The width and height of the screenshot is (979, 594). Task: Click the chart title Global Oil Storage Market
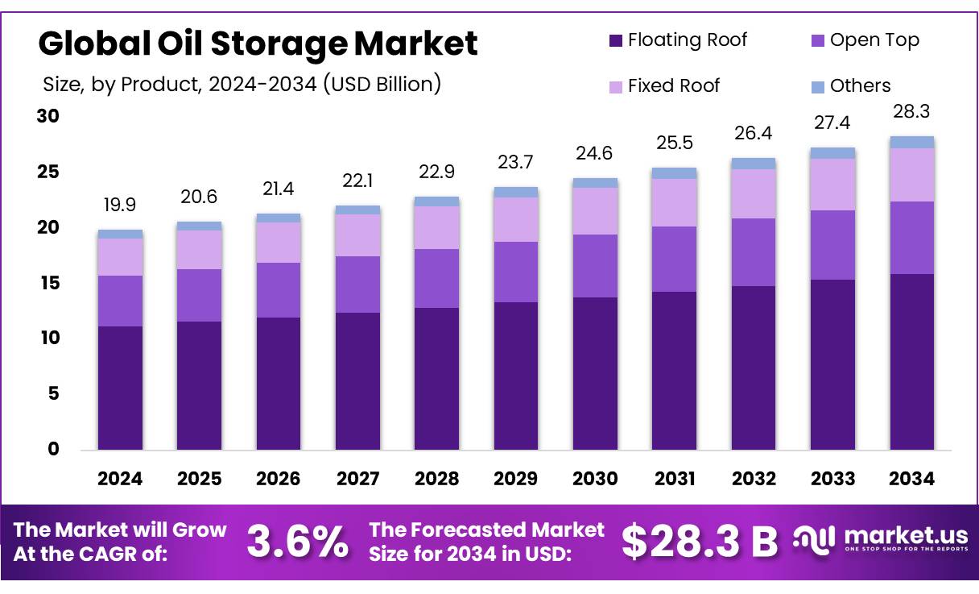(258, 44)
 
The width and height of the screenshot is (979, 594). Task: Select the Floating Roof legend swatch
(616, 40)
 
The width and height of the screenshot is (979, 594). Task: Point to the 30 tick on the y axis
(48, 116)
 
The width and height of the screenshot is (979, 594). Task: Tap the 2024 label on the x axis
(120, 479)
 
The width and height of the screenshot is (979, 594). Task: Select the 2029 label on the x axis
(516, 479)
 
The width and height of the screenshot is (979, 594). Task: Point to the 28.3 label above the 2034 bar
(911, 111)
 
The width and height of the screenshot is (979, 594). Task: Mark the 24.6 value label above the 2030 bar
(595, 154)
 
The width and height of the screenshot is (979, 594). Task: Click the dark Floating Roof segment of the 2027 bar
(357, 380)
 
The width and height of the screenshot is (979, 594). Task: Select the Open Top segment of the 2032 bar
(754, 252)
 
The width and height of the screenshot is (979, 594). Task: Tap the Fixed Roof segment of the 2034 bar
(911, 175)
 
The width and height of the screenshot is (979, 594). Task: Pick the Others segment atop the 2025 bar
(199, 226)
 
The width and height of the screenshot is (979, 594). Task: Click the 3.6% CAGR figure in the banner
(298, 542)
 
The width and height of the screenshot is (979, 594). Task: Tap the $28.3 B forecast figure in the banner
(700, 542)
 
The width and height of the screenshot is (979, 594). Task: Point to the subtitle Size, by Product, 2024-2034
(242, 83)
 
